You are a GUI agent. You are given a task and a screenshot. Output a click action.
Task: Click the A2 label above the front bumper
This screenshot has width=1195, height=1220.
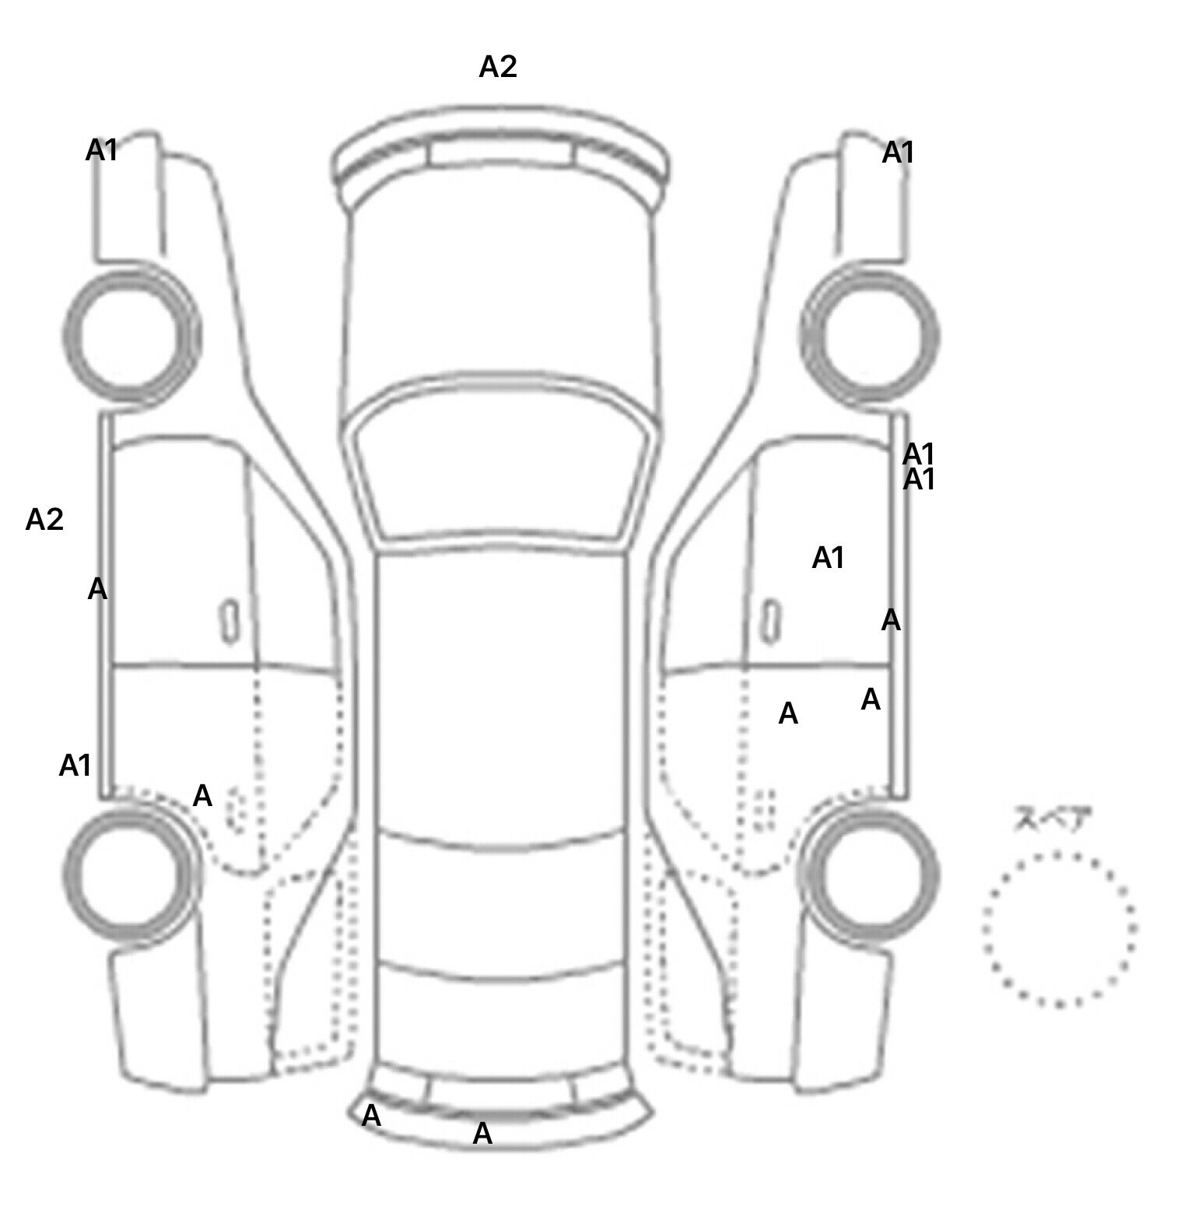pyautogui.click(x=497, y=67)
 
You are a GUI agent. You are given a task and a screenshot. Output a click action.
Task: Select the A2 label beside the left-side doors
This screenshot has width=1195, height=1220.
pyautogui.click(x=44, y=519)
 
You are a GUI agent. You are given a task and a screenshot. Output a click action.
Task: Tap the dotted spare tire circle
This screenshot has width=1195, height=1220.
pyautogui.click(x=1059, y=929)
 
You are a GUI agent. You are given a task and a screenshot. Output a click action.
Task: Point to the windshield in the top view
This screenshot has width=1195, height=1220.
pyautogui.click(x=502, y=471)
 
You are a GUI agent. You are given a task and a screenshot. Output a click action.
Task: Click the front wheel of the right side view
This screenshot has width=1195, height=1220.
pyautogui.click(x=870, y=336)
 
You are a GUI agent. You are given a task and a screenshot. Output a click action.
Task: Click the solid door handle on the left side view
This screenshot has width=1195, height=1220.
pyautogui.click(x=230, y=621)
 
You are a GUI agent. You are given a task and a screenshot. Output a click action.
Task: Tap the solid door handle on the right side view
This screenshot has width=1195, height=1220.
pyautogui.click(x=770, y=621)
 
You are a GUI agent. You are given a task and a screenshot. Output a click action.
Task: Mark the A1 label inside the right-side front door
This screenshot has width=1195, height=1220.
pyautogui.click(x=828, y=558)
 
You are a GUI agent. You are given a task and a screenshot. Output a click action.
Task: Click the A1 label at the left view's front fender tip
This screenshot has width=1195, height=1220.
pyautogui.click(x=101, y=149)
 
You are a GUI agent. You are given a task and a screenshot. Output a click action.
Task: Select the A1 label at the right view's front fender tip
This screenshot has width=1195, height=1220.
pyautogui.click(x=897, y=153)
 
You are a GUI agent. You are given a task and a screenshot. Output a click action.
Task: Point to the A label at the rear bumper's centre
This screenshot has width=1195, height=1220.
pyautogui.click(x=482, y=1134)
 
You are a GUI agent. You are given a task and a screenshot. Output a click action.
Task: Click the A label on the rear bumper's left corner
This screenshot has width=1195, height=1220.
pyautogui.click(x=372, y=1116)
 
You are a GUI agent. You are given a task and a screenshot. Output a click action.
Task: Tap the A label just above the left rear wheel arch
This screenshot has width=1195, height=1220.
pyautogui.click(x=202, y=795)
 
